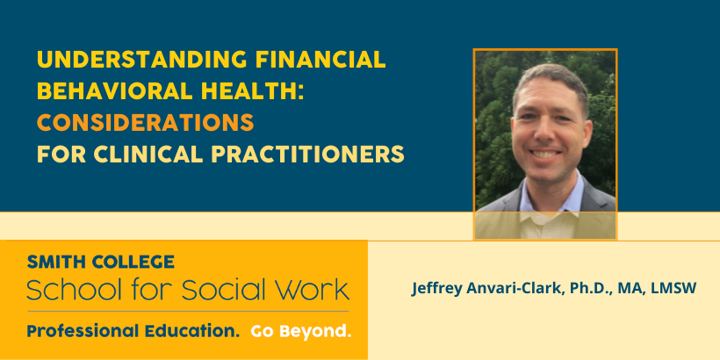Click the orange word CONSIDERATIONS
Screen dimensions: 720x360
click(x=146, y=123)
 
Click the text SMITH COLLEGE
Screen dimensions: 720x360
click(x=101, y=262)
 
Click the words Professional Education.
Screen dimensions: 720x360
click(x=133, y=331)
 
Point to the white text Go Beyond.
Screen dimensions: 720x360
click(x=301, y=331)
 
